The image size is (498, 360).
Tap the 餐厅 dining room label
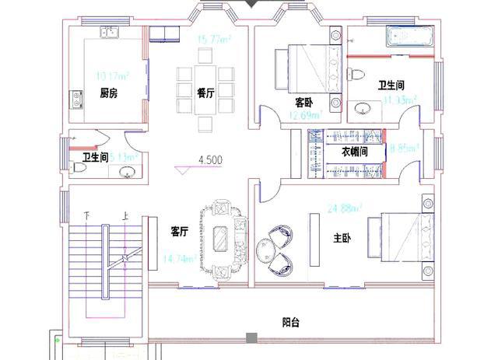tap(205, 93)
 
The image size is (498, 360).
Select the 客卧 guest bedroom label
tap(303, 102)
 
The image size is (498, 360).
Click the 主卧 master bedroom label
tap(341, 239)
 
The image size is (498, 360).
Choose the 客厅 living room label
tap(180, 231)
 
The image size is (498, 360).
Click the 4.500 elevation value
tap(210, 160)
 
